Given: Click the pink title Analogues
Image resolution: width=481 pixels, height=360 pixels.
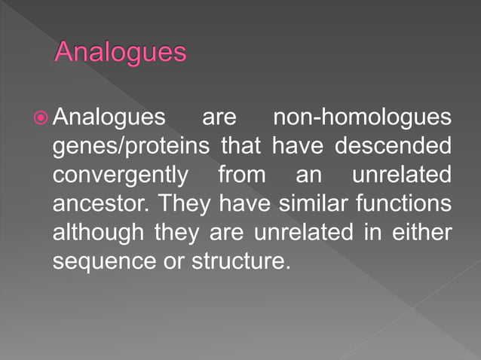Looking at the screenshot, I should [x=121, y=53].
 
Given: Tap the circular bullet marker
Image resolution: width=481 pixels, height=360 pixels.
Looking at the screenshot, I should [x=41, y=118].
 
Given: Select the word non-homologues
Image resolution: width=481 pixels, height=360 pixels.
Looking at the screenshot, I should [x=362, y=118].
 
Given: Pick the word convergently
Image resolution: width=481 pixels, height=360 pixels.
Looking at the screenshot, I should [x=121, y=175].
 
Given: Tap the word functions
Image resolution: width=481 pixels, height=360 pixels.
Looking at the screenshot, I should [x=406, y=203].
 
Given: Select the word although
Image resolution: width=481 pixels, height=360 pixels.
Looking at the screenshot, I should [x=97, y=232].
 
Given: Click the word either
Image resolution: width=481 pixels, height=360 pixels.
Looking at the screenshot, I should [x=423, y=232].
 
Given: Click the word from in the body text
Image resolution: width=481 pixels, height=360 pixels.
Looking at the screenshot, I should [x=242, y=175].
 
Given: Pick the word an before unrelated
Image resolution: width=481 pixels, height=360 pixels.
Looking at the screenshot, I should [x=308, y=175].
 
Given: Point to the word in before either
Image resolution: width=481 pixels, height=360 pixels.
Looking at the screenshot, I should [x=370, y=232].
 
